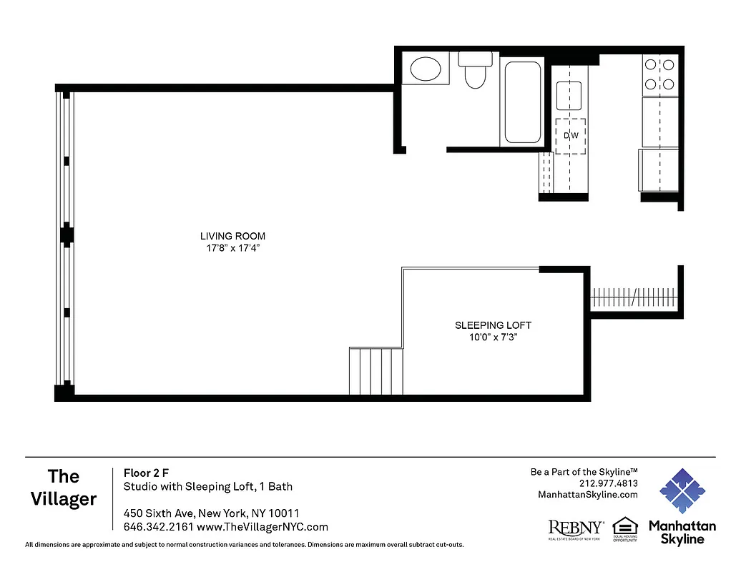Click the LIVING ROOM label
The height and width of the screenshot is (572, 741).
(232, 236)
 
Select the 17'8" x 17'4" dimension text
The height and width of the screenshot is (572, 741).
(232, 249)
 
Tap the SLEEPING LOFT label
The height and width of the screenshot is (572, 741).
(493, 325)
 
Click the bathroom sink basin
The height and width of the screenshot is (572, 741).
(426, 69)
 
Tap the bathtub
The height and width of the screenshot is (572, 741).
(523, 102)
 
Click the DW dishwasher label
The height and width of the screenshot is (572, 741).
(571, 136)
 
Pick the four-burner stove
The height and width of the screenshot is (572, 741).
(659, 74)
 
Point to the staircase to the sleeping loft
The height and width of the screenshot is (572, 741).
(376, 370)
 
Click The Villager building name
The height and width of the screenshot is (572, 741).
(64, 487)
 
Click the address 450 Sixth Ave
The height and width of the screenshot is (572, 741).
(154, 513)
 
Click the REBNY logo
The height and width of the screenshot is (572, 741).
(575, 528)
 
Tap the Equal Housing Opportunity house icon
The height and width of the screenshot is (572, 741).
(624, 526)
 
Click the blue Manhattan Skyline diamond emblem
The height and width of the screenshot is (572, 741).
(682, 491)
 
